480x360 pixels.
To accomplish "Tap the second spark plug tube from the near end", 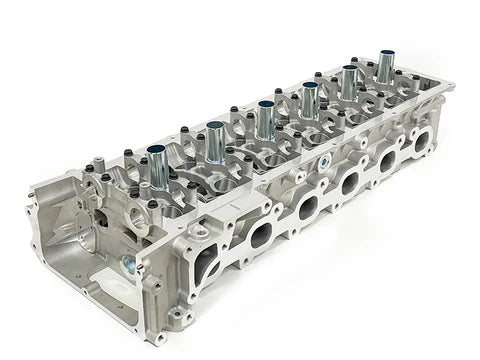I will (x=215, y=141).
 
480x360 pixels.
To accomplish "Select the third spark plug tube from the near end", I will (x=265, y=120).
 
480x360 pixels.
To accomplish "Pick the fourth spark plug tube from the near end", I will (x=309, y=101).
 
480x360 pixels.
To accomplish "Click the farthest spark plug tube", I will (x=385, y=67).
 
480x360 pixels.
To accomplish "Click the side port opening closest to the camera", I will (x=205, y=264).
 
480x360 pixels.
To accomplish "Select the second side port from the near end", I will (x=260, y=235).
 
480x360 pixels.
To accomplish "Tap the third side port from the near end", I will (x=308, y=207).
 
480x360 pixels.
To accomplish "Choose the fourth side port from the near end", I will (x=350, y=183).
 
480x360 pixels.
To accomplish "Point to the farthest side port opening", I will (x=419, y=141).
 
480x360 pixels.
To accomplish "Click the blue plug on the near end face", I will (x=129, y=265).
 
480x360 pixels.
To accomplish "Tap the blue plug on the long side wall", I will (x=324, y=160).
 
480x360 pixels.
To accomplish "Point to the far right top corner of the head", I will (x=451, y=86).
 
